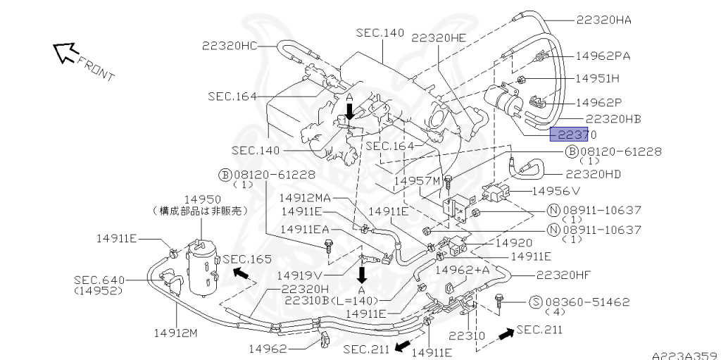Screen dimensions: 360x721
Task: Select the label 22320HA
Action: coord(604,20)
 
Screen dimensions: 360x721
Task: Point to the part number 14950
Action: coord(202,200)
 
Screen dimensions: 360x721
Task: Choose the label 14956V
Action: coord(556,190)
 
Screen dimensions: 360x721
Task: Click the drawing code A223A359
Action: coord(684,356)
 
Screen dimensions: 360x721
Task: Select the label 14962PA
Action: coord(603,55)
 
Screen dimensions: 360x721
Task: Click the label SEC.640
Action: coord(99,280)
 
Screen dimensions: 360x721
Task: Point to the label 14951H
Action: coord(598,77)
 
